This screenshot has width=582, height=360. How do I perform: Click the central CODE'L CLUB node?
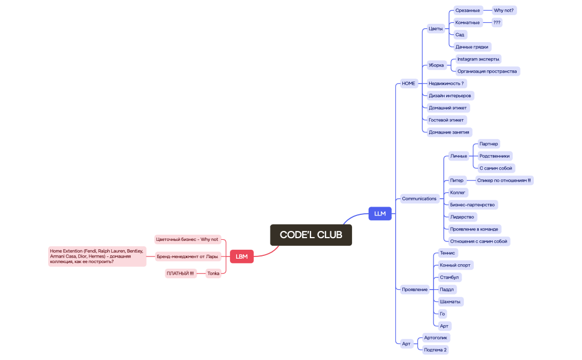coord(311,235)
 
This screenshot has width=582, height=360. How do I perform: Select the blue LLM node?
coord(380,213)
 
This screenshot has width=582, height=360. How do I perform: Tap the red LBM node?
coord(242,256)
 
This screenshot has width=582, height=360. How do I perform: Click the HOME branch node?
coord(409,84)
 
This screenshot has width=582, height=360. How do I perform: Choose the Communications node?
coord(419,199)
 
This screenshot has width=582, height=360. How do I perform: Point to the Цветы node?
coord(436,29)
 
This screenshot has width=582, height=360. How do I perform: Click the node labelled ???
coord(497,23)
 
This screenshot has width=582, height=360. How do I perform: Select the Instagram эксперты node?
coord(478,59)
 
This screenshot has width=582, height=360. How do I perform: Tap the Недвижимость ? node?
coord(446,84)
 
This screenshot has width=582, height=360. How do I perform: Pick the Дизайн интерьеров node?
coord(450,96)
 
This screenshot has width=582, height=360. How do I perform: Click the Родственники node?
coord(494,156)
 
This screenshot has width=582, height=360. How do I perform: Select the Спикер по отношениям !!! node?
coord(504,181)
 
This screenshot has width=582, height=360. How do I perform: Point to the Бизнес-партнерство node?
coord(472,205)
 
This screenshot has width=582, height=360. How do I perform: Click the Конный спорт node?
coord(455,265)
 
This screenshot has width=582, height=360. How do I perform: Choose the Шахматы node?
coord(450,302)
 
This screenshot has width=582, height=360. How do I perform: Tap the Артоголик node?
coord(436,337)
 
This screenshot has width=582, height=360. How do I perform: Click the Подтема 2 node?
coord(435,350)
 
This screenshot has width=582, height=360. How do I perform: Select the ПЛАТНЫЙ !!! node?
coord(181,273)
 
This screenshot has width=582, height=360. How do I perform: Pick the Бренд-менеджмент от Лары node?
coord(187,256)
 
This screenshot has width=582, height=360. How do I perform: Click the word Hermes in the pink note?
coord(97,256)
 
